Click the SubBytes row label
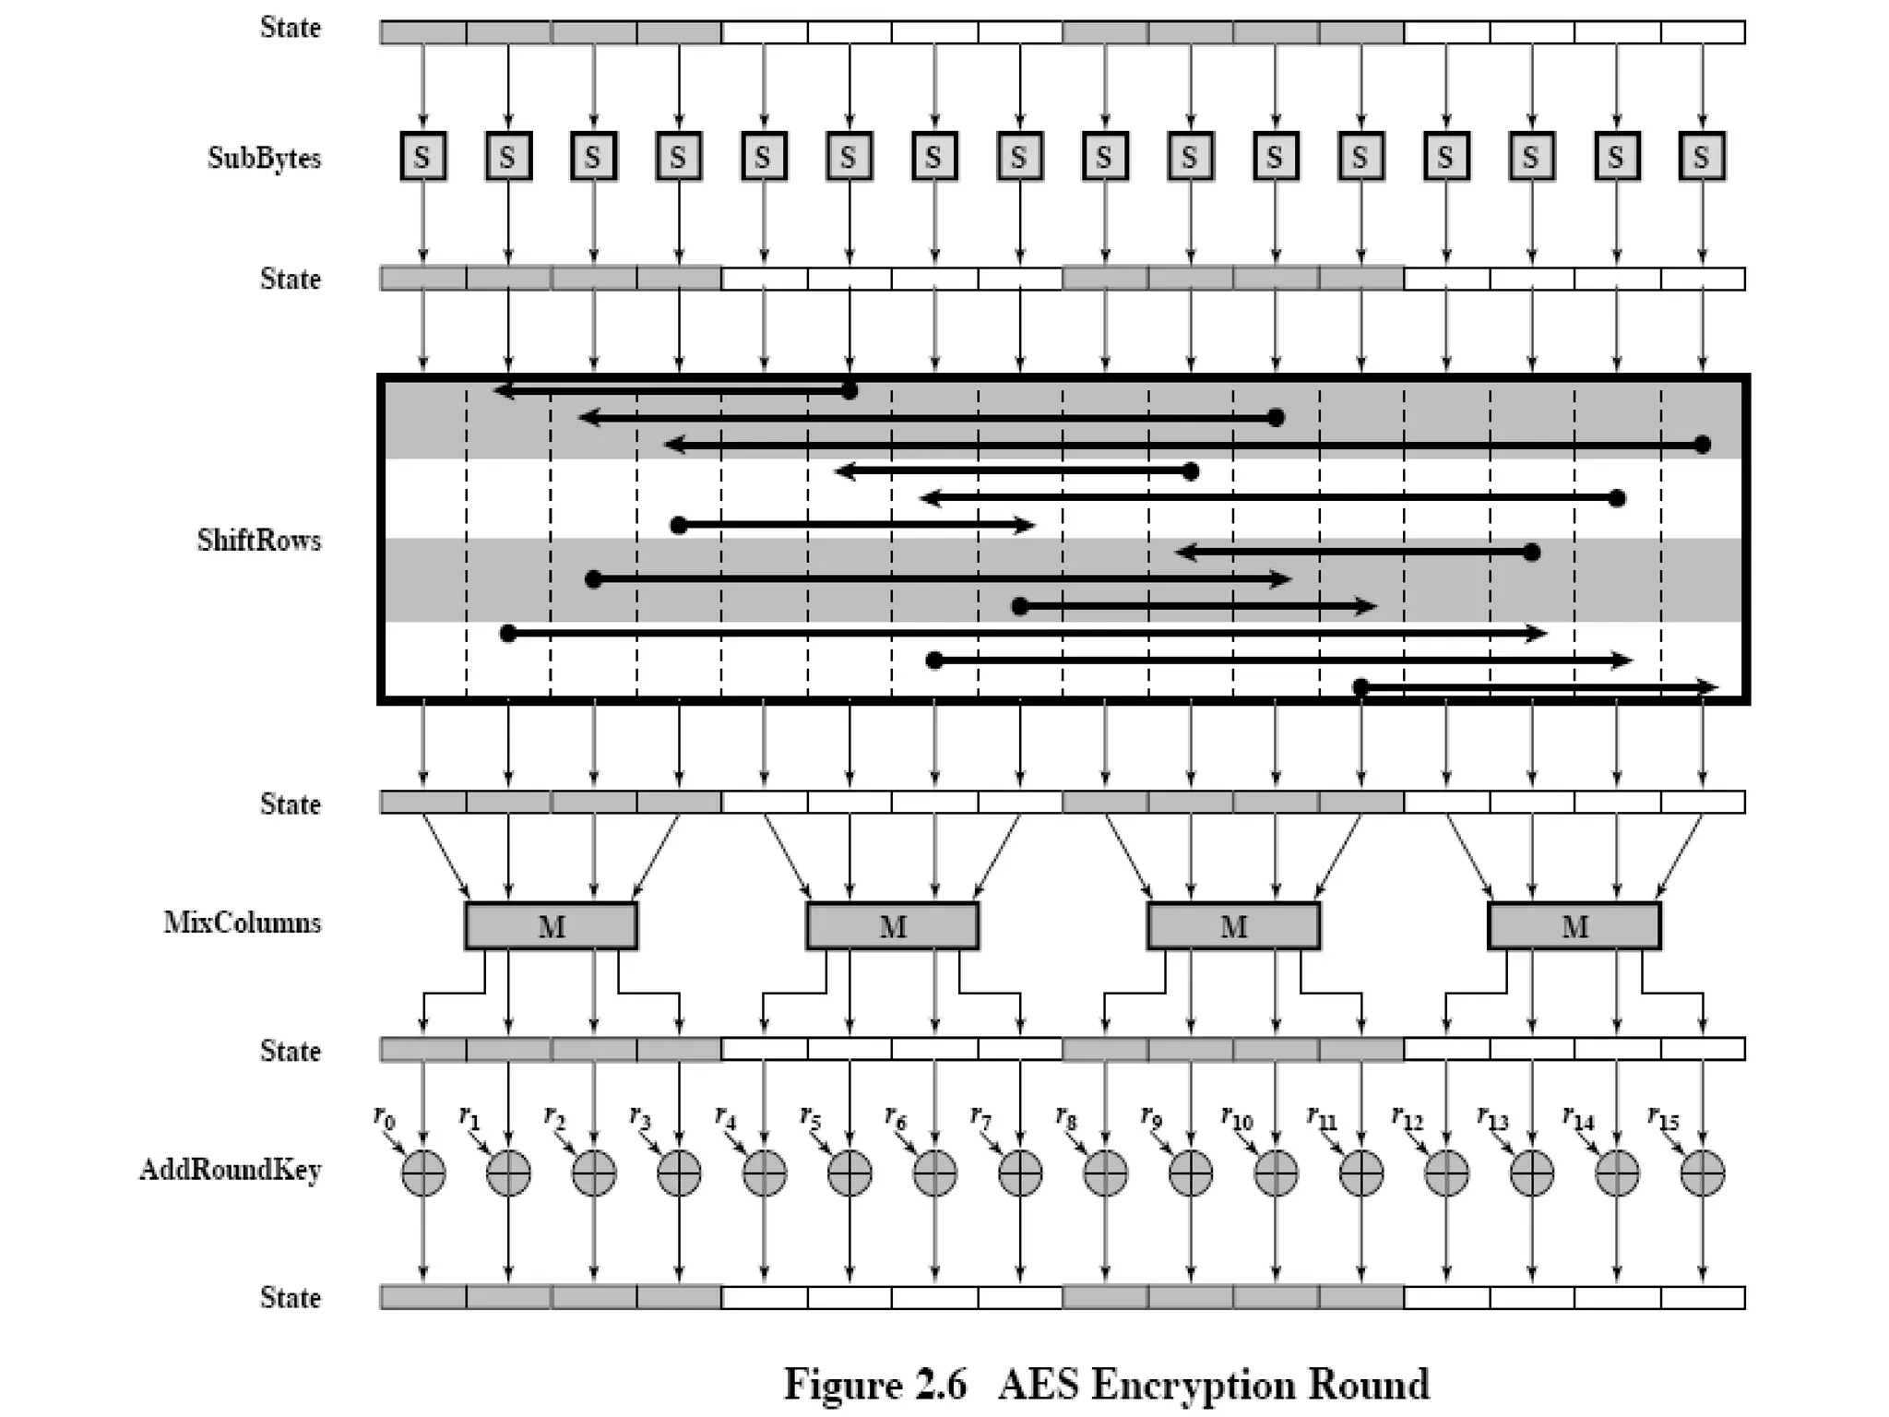[x=264, y=158]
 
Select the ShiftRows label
[x=259, y=540]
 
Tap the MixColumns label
[x=243, y=923]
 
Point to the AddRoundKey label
[x=231, y=1170]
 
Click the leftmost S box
[x=423, y=157]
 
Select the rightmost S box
[x=1702, y=157]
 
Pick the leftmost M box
[x=551, y=926]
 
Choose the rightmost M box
[x=1574, y=926]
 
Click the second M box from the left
[x=892, y=926]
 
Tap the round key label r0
[x=384, y=1118]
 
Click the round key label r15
[x=1663, y=1118]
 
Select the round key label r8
[x=1065, y=1118]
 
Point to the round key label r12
[x=1408, y=1118]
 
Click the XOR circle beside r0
[x=423, y=1173]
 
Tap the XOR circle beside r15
[x=1702, y=1173]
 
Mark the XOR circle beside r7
[x=1020, y=1173]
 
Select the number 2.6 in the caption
[x=933, y=1384]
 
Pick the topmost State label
[x=291, y=28]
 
